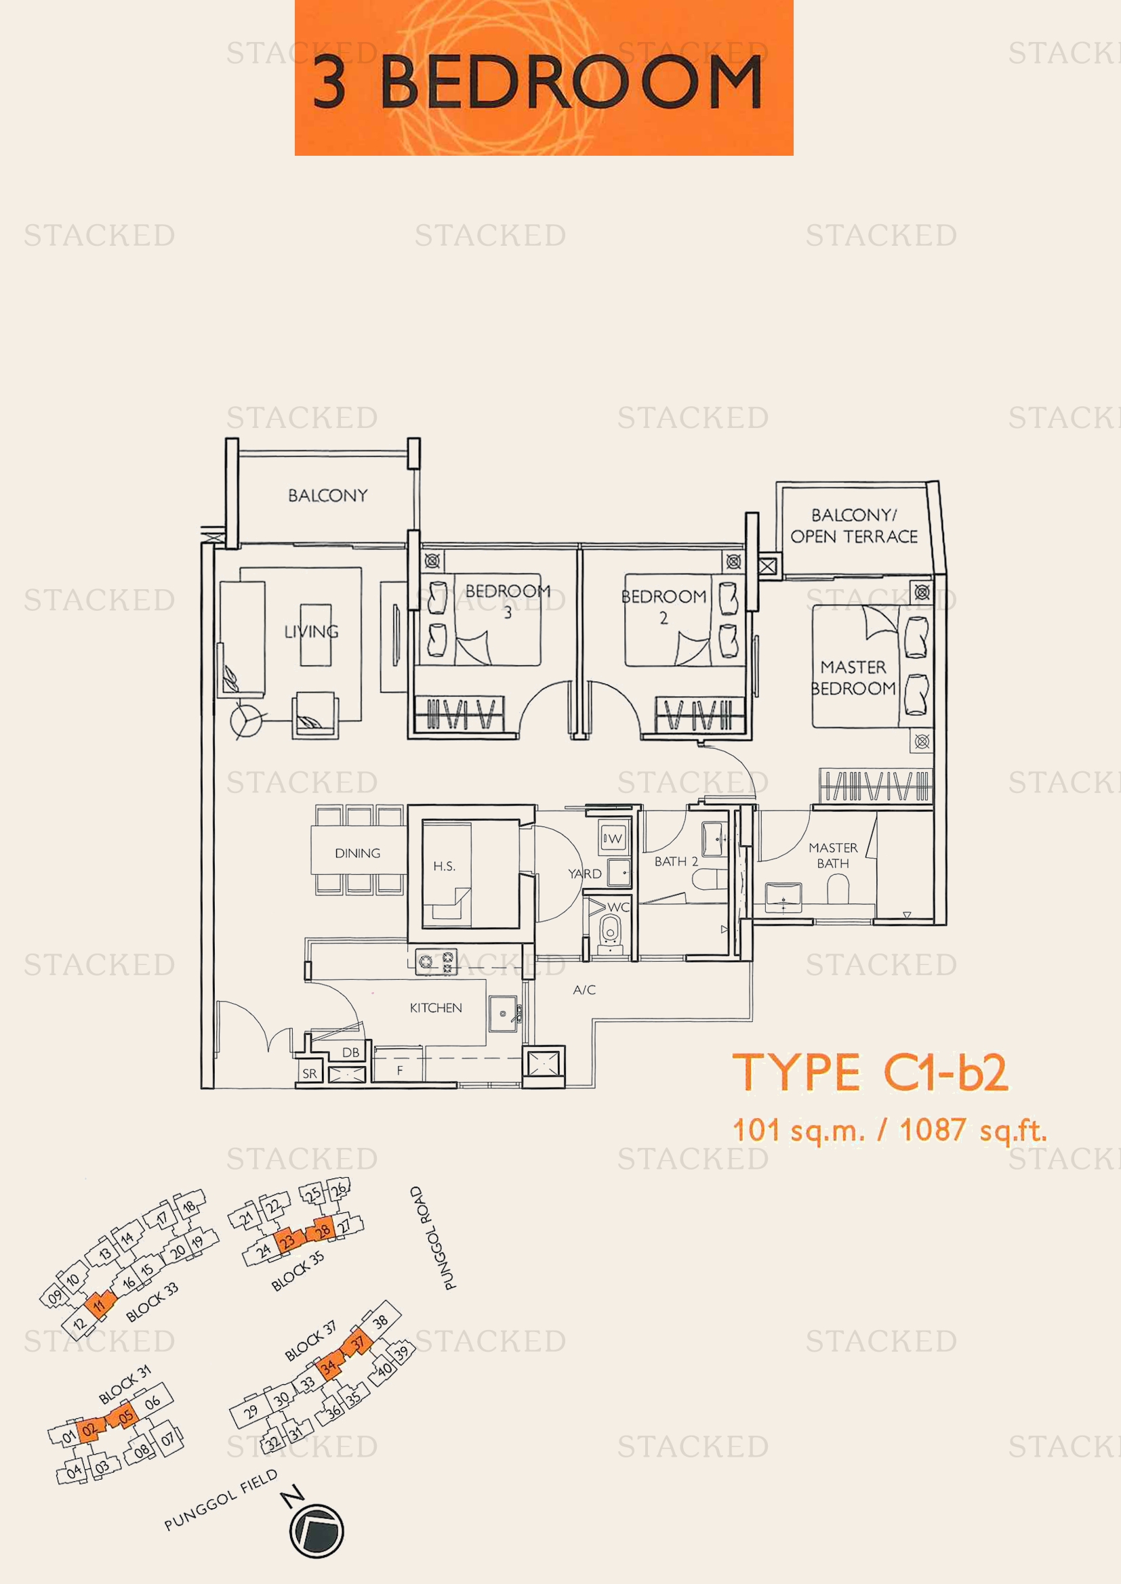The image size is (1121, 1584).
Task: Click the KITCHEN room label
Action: (x=436, y=1008)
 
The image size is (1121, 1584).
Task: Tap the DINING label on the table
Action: (x=357, y=853)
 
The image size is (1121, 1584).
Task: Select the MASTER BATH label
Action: (x=832, y=855)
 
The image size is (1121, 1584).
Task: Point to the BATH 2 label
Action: (x=676, y=861)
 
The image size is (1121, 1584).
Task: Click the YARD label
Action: (x=585, y=874)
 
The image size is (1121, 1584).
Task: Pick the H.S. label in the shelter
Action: (x=444, y=867)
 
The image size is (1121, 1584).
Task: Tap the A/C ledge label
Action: (x=584, y=990)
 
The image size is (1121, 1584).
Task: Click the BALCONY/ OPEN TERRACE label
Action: (x=854, y=526)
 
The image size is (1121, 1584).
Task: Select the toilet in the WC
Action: (x=609, y=932)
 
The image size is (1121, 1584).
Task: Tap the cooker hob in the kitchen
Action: (x=436, y=962)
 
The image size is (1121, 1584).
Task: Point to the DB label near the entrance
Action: (x=350, y=1053)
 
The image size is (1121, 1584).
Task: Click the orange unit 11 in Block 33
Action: (x=100, y=1303)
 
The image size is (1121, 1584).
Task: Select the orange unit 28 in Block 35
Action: (x=322, y=1230)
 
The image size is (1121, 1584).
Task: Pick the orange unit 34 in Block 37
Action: (x=329, y=1366)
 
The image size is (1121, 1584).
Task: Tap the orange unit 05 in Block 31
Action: (x=125, y=1417)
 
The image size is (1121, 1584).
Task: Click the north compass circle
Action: (x=316, y=1531)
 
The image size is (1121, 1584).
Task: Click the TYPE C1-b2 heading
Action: (x=870, y=1073)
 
